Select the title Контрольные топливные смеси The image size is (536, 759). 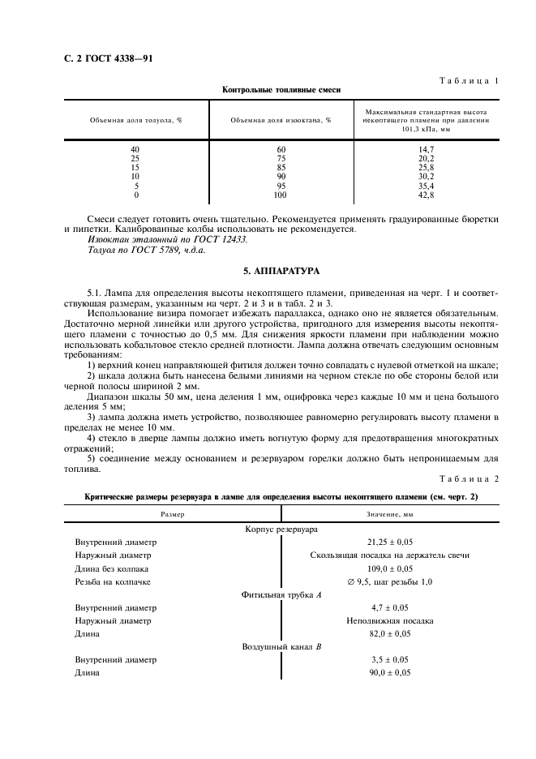tap(281, 89)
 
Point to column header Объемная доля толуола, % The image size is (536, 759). tap(135, 120)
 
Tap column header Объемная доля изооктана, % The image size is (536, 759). tap(281, 120)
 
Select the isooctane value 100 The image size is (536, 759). tap(281, 195)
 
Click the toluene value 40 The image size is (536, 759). tap(135, 149)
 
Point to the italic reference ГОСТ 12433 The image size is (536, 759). tap(219, 239)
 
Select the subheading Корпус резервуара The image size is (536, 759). tap(281, 529)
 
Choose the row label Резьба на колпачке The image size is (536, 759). tap(113, 581)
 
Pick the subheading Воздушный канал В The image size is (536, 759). tap(281, 647)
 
